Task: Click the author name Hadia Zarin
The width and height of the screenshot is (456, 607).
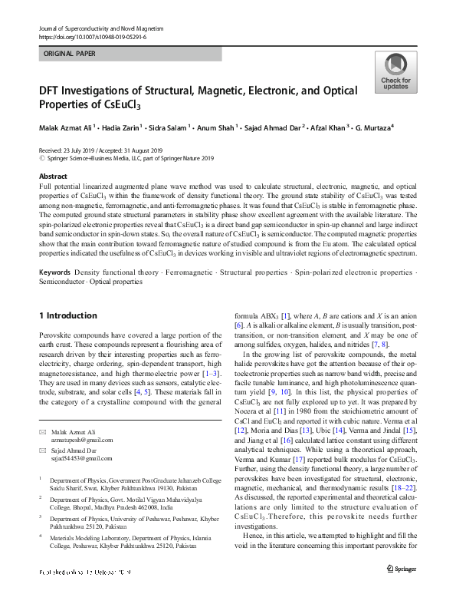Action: tap(119, 127)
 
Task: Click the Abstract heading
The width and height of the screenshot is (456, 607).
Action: tap(53, 176)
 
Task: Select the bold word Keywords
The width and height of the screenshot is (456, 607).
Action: tap(55, 273)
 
